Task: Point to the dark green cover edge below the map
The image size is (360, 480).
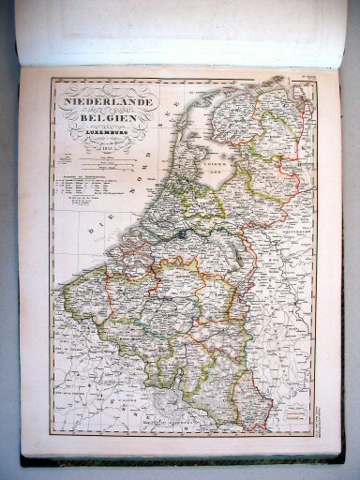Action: pyautogui.click(x=178, y=459)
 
